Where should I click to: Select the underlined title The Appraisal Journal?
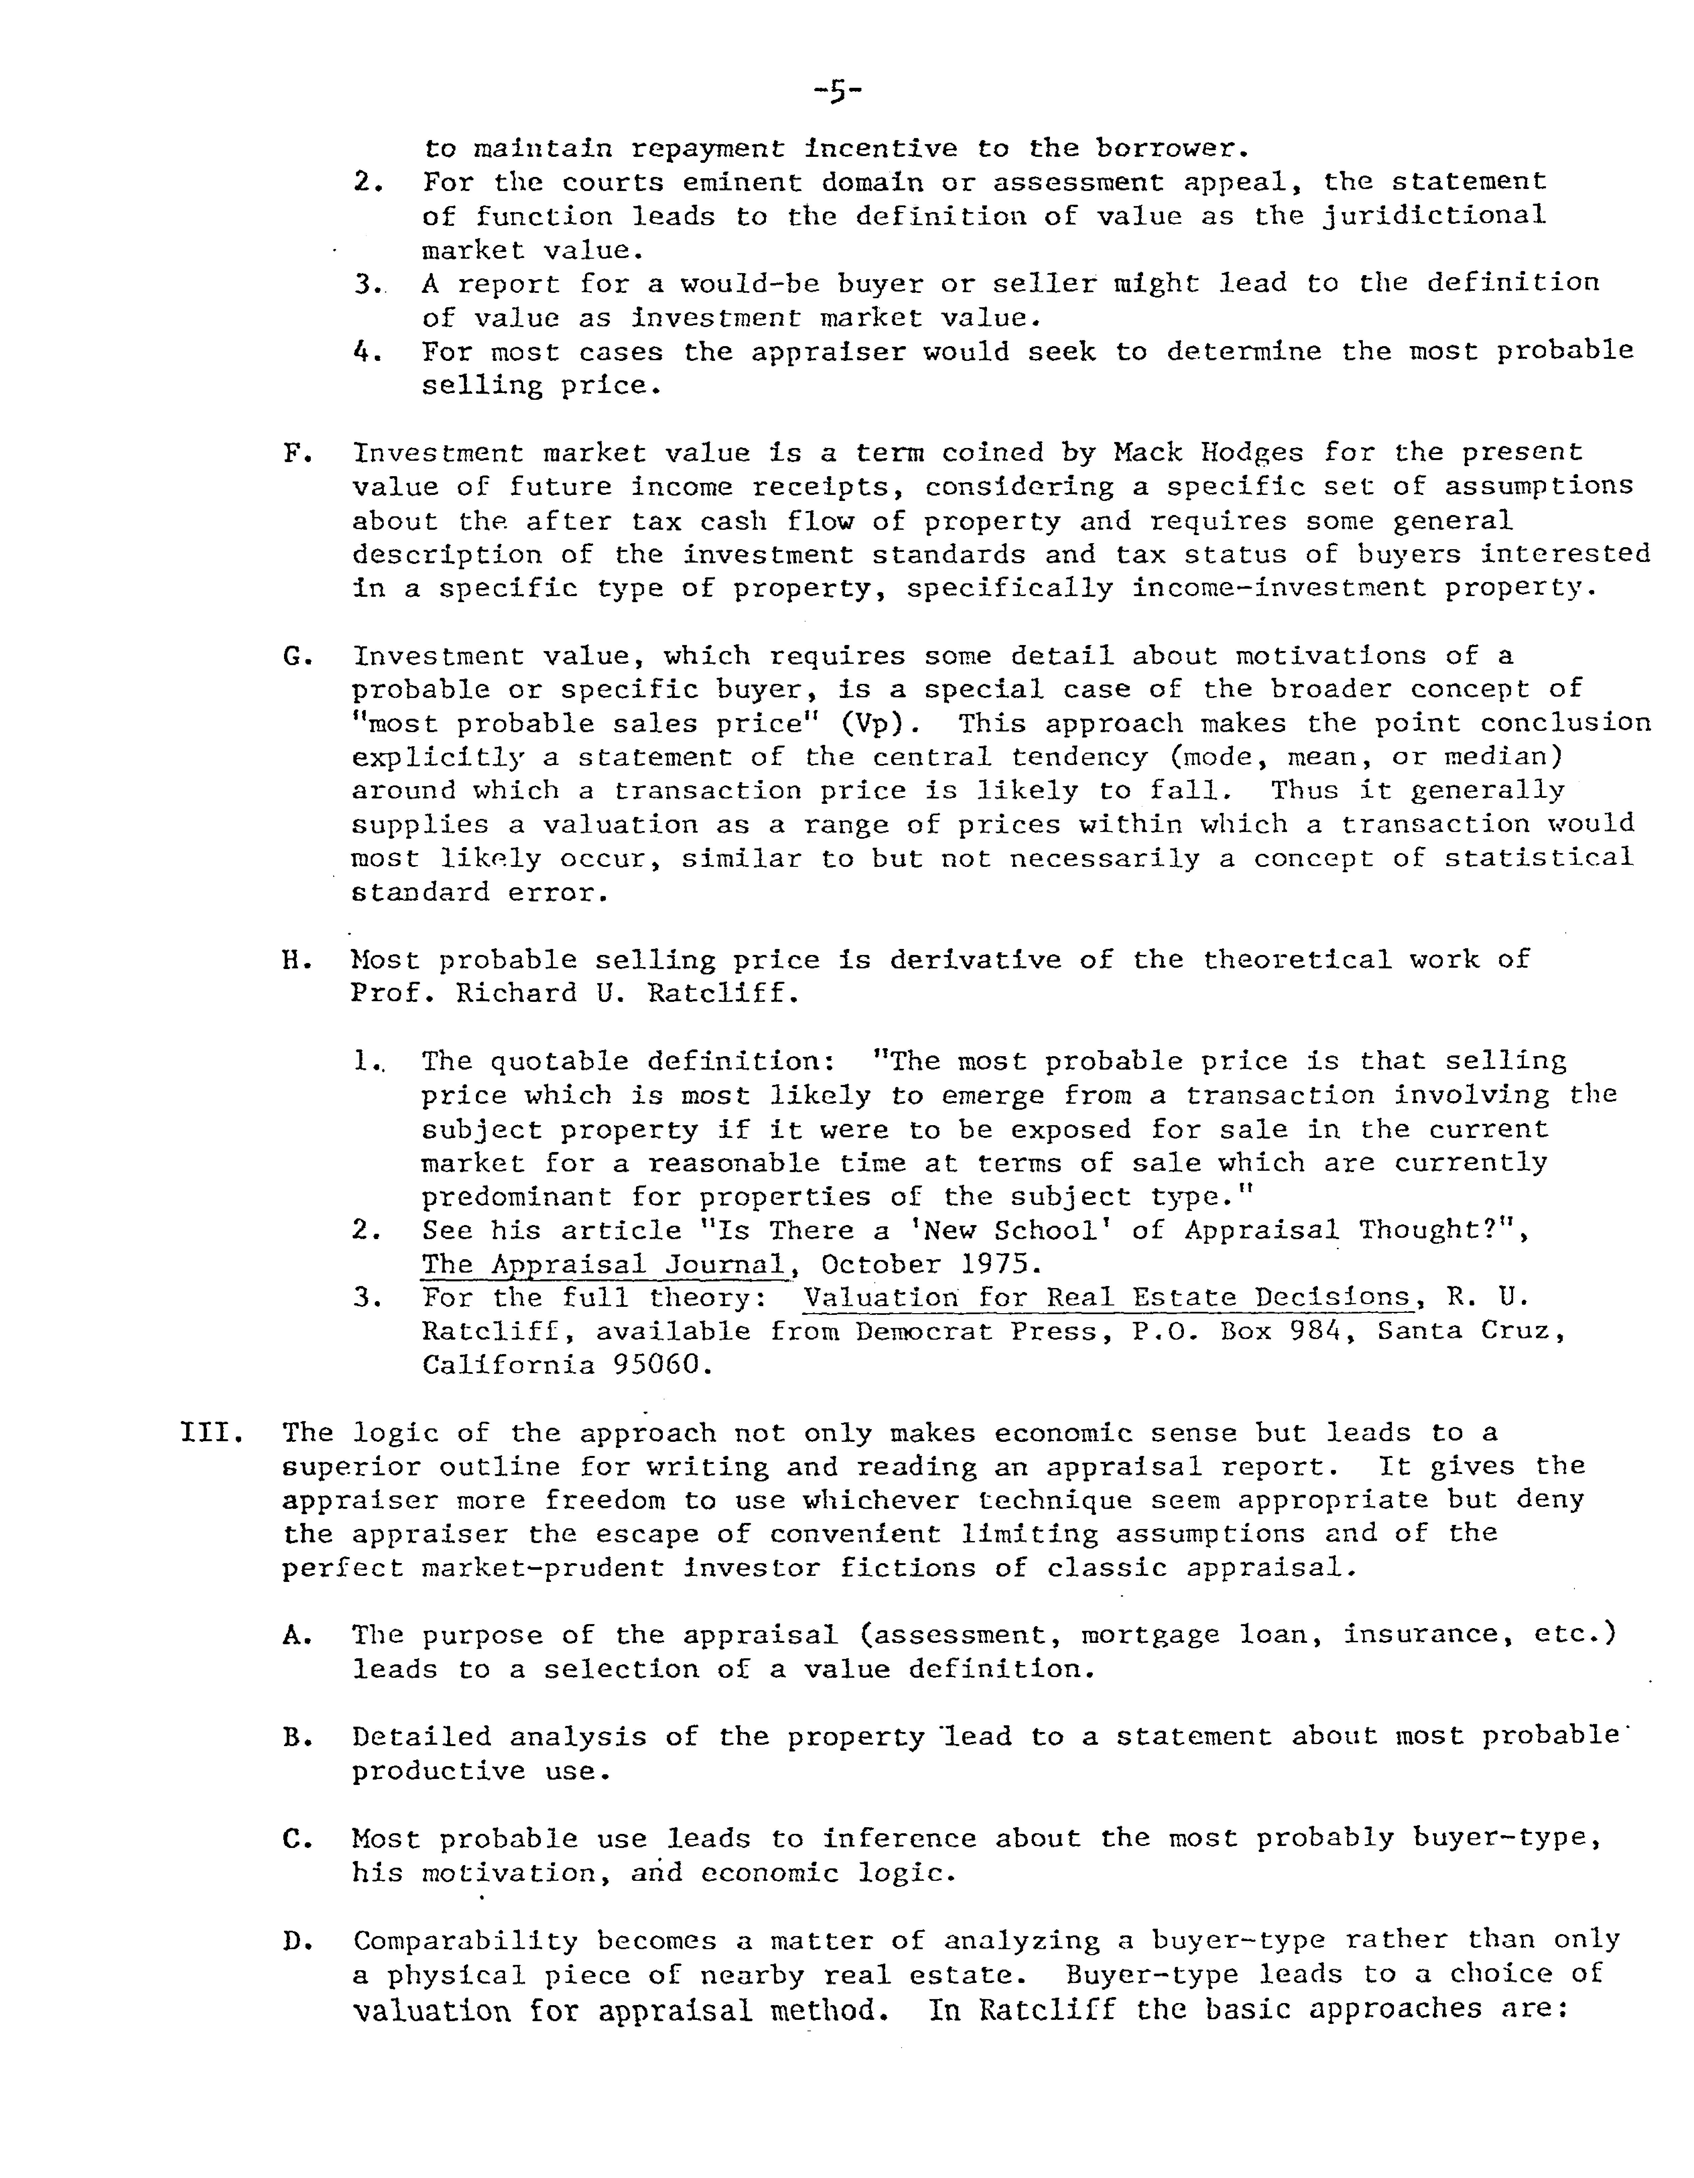tap(604, 1265)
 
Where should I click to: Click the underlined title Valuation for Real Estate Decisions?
tap(1107, 1298)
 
